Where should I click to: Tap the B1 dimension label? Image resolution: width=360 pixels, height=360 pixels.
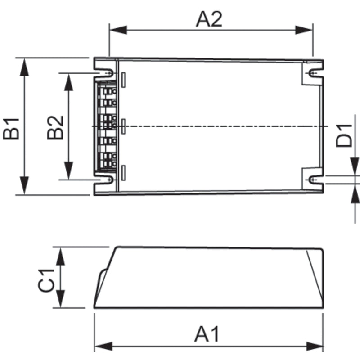(12, 128)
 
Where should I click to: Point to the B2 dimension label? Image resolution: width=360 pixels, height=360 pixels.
(56, 128)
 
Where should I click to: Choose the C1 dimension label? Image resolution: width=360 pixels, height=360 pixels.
(46, 279)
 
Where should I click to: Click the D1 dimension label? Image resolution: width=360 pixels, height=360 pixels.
(344, 135)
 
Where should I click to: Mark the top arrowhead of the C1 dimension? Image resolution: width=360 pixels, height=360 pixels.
(61, 254)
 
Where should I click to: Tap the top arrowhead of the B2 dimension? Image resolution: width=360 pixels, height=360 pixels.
(68, 81)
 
